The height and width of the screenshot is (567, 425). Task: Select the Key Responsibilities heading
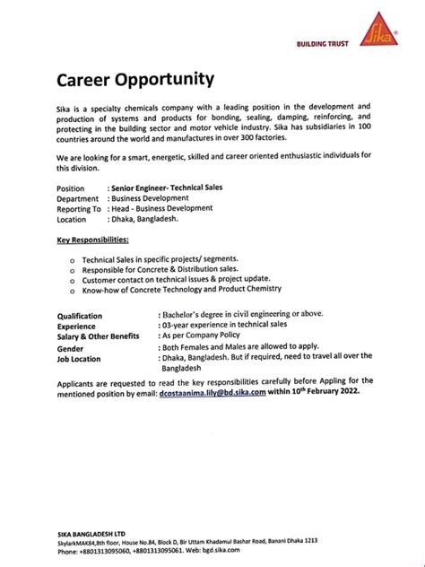(92, 240)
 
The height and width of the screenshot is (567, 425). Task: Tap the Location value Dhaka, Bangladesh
(144, 218)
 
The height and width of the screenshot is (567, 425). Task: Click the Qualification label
(80, 316)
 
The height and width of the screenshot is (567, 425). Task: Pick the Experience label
(76, 326)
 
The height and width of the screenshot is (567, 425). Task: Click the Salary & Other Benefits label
(98, 336)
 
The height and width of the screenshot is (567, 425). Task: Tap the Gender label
(71, 347)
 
